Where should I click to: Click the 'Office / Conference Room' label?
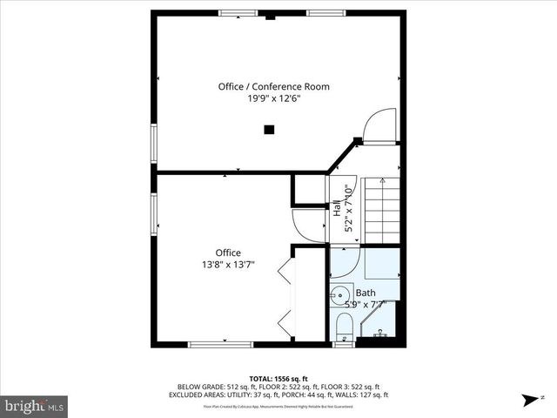coord(273,86)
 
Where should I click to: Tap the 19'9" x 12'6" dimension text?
coord(273,98)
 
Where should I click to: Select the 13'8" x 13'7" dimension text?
coord(228,266)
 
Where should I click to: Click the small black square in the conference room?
coord(269,130)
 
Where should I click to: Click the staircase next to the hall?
coord(381,211)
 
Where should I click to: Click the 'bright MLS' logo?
coord(34,406)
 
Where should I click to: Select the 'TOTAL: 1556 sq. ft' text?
coord(278,378)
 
